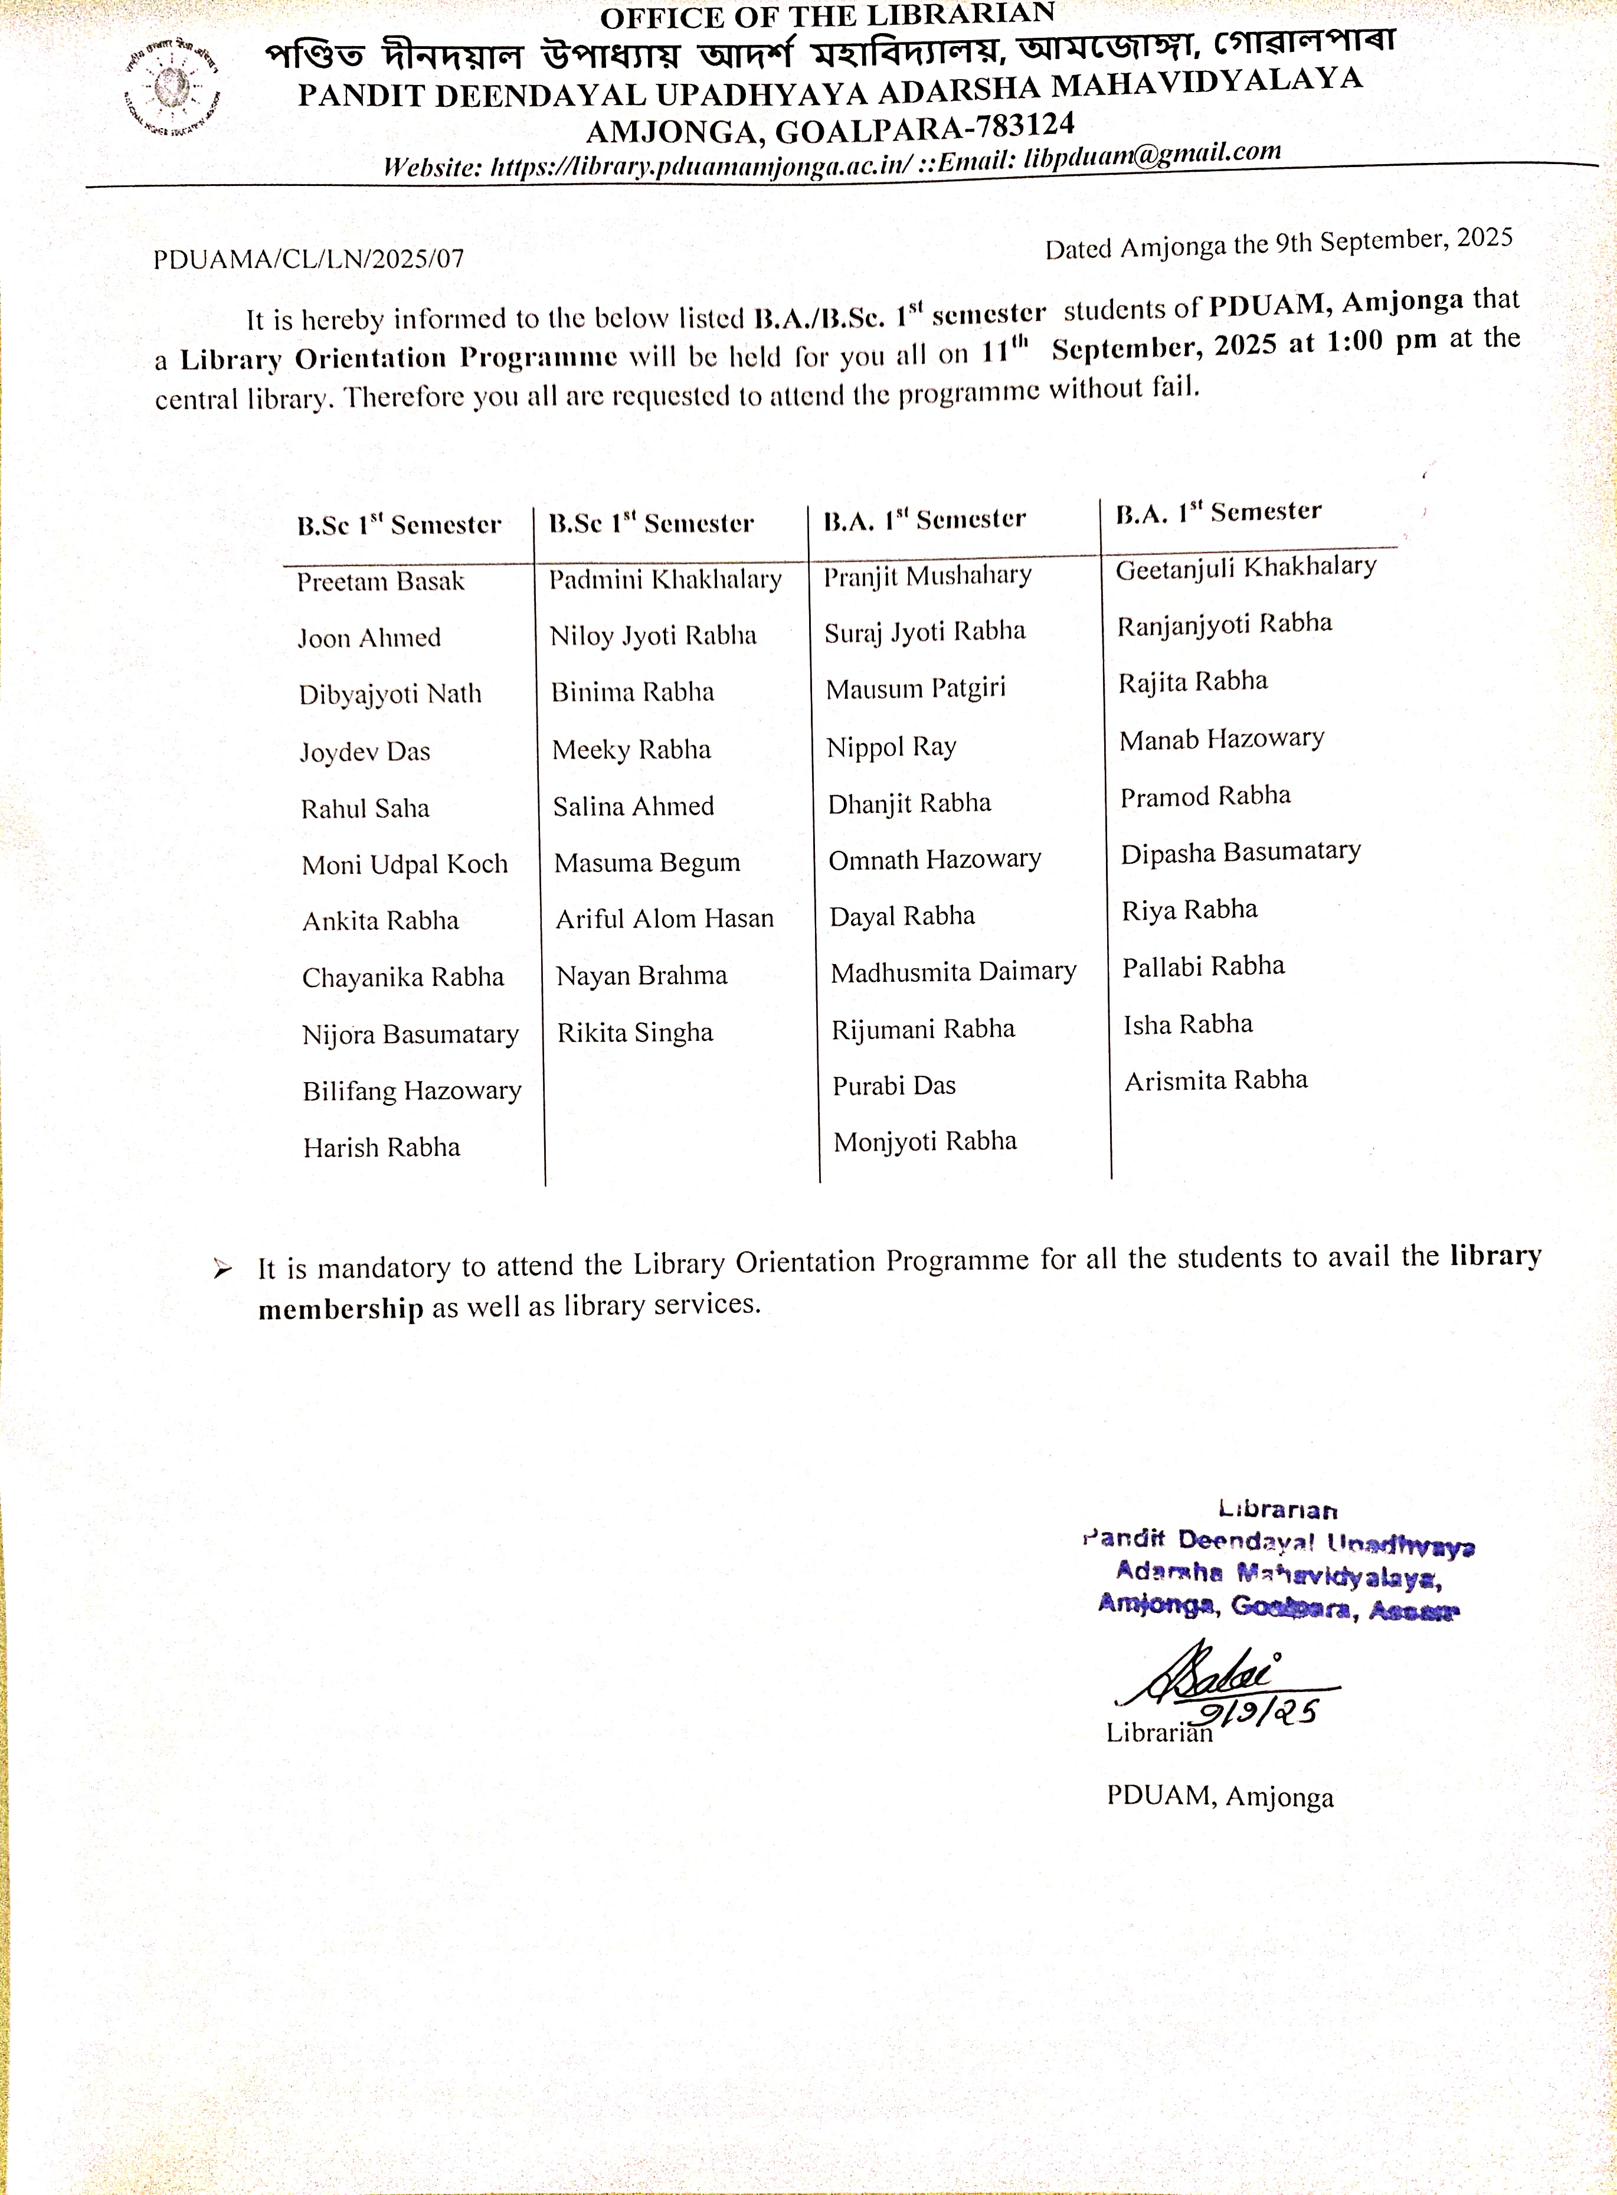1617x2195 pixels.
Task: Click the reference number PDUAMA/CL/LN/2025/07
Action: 308,259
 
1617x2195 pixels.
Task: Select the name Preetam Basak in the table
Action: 381,582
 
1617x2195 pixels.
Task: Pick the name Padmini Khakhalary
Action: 665,580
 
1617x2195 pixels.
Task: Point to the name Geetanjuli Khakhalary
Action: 1245,567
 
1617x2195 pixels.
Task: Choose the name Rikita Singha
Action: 634,1033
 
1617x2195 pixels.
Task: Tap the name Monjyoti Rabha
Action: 925,1142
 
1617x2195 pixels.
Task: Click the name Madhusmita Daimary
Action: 953,972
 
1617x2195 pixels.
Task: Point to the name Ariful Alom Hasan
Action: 665,919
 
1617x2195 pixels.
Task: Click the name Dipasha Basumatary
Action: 1240,852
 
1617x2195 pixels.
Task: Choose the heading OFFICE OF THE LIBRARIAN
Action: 827,17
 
